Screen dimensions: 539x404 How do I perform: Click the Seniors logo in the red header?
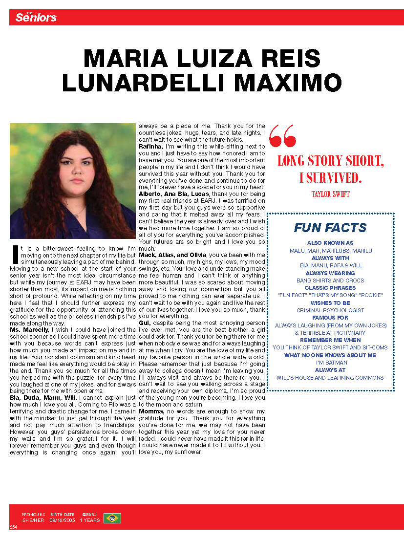pos(36,18)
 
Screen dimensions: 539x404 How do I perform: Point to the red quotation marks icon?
pos(282,135)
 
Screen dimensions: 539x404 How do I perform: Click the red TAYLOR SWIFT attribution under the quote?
pos(330,194)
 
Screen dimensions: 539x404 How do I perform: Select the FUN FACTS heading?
pos(330,228)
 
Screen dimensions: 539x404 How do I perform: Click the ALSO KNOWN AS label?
pos(330,243)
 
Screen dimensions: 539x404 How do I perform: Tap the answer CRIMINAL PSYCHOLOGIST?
pos(330,310)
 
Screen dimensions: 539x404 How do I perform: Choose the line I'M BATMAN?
pos(330,363)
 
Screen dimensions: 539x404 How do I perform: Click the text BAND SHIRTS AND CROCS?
pos(330,280)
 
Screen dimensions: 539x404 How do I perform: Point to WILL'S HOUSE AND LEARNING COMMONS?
pos(330,378)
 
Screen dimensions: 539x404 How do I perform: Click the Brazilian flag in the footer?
pos(112,518)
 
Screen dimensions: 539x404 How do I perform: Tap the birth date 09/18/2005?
pos(62,520)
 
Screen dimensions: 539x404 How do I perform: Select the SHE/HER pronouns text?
pos(33,520)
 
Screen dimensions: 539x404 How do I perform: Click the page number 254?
pos(14,527)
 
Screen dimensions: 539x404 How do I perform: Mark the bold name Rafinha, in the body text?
pos(151,146)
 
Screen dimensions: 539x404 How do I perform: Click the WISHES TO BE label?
pos(330,303)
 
